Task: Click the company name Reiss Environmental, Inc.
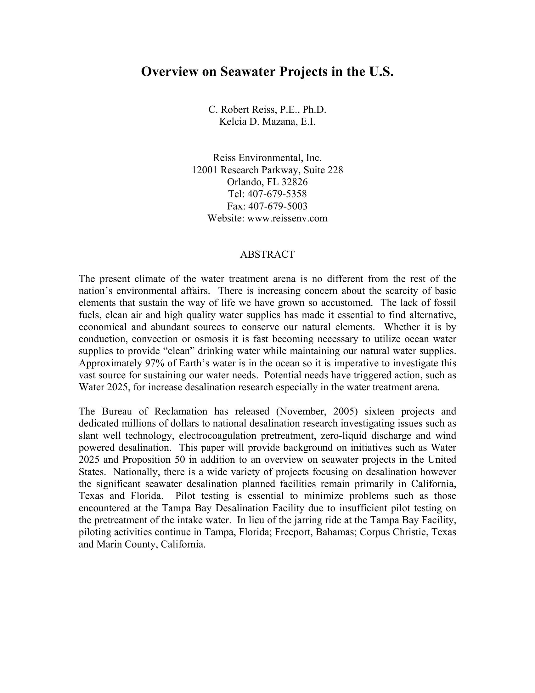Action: click(x=267, y=158)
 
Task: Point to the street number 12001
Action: click(x=205, y=170)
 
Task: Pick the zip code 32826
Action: click(x=295, y=182)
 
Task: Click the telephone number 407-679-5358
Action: click(x=277, y=194)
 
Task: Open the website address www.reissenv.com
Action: click(x=287, y=218)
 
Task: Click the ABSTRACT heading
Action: click(x=267, y=255)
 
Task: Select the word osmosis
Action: click(x=211, y=339)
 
